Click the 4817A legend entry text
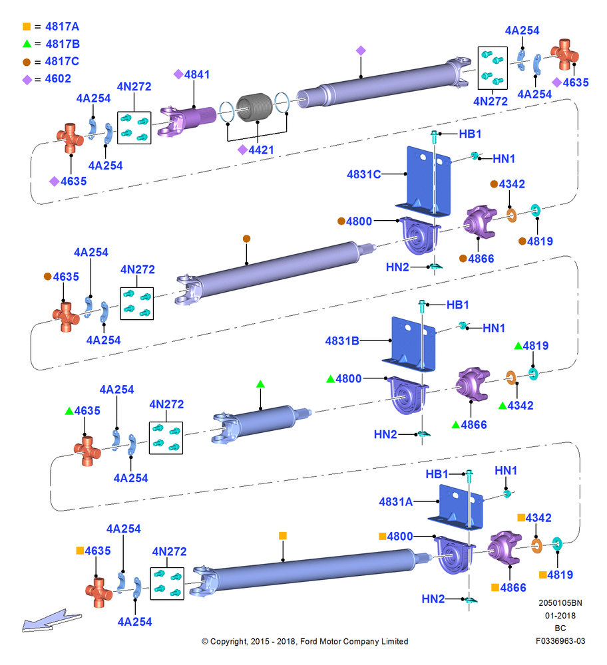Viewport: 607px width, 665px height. pos(62,27)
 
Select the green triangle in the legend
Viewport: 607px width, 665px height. pos(27,43)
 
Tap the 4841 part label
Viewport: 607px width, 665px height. pos(197,74)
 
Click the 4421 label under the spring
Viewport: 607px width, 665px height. pos(261,150)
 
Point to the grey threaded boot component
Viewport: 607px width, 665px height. pos(254,107)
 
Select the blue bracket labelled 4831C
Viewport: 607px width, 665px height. pos(423,182)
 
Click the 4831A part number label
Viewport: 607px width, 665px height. pos(395,501)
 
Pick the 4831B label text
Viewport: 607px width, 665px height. pos(341,341)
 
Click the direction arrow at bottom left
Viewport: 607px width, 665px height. pos(51,621)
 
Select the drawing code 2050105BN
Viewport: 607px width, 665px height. pos(560,602)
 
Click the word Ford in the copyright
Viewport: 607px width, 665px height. pos(307,641)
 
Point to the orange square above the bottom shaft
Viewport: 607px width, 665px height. pos(283,535)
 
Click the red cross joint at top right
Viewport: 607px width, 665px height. pos(564,55)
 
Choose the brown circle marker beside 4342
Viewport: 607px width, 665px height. pos(494,184)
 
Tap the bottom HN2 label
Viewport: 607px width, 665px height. pos(433,599)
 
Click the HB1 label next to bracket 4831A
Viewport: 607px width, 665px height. pos(437,473)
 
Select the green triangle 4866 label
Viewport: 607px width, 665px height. pos(469,424)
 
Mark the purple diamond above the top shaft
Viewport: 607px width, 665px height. pos(361,51)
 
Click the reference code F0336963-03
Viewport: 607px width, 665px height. pos(560,641)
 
